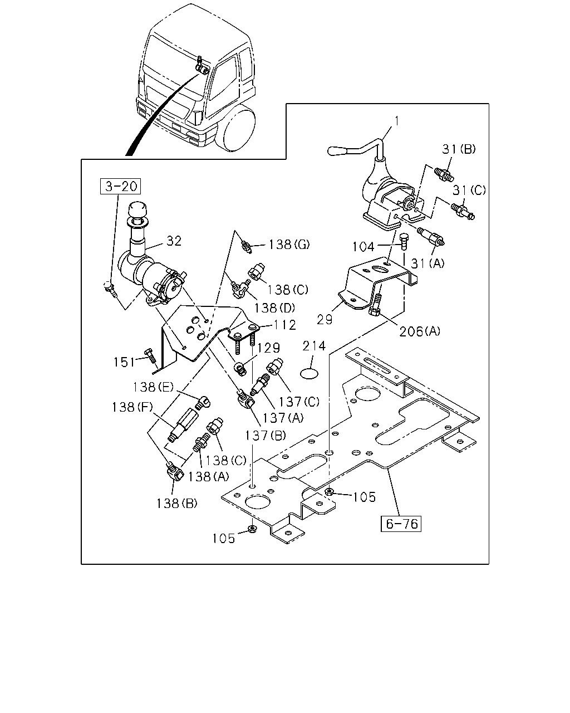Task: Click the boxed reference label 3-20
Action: (121, 186)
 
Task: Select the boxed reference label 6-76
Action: (401, 524)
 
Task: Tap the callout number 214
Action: (314, 346)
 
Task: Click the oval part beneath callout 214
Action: (309, 374)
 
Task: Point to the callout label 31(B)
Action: (459, 149)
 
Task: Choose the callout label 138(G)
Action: (289, 245)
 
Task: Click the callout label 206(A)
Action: (420, 331)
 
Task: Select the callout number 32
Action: (174, 241)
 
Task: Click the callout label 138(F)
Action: (132, 407)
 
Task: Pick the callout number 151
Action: (124, 362)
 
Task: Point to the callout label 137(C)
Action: (299, 402)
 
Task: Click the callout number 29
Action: (325, 320)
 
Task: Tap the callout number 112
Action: (285, 325)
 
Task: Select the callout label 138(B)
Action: (177, 503)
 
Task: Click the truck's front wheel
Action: (238, 128)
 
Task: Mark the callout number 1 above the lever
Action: (397, 121)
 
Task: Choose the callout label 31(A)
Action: (427, 263)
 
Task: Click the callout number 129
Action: (269, 348)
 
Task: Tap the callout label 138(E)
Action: (153, 387)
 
